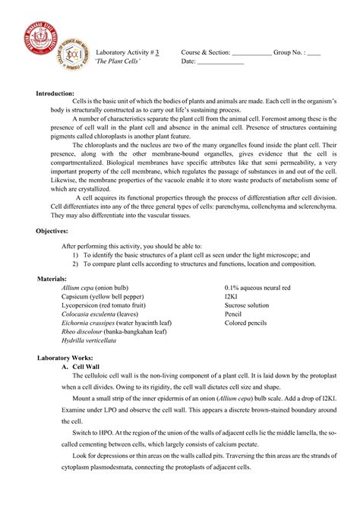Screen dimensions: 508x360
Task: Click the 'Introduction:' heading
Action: click(x=55, y=93)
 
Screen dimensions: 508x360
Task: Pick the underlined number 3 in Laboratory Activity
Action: click(x=156, y=52)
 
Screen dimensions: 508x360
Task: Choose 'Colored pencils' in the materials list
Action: click(x=246, y=323)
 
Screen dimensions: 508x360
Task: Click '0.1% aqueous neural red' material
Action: click(x=258, y=288)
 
